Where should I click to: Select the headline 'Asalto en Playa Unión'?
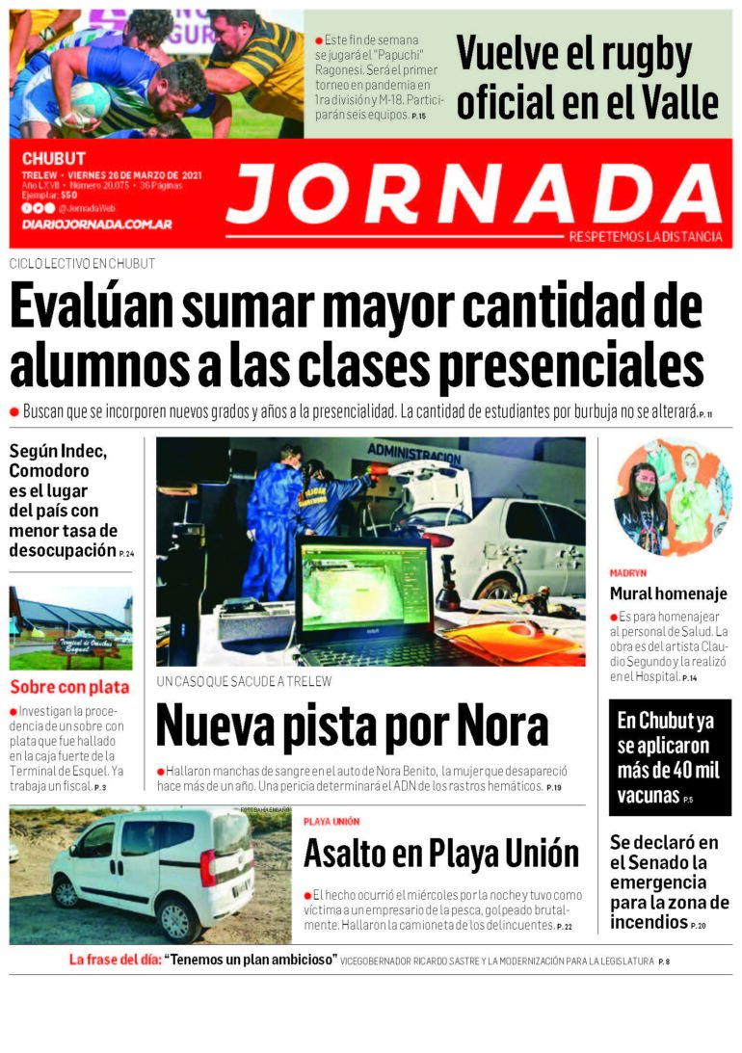(x=441, y=853)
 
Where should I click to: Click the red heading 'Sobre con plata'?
(x=69, y=687)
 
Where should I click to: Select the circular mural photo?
(x=673, y=496)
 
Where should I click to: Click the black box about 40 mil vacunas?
(x=670, y=758)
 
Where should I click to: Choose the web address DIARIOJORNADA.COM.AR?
(x=96, y=224)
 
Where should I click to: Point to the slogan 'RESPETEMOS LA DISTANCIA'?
(x=645, y=237)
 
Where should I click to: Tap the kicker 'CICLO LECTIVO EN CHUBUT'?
(x=82, y=263)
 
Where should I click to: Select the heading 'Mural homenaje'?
(x=668, y=593)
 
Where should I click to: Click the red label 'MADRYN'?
(x=628, y=572)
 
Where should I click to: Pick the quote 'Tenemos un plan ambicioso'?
(x=251, y=960)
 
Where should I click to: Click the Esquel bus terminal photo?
(x=70, y=627)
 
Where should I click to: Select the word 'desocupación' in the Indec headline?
(x=62, y=550)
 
